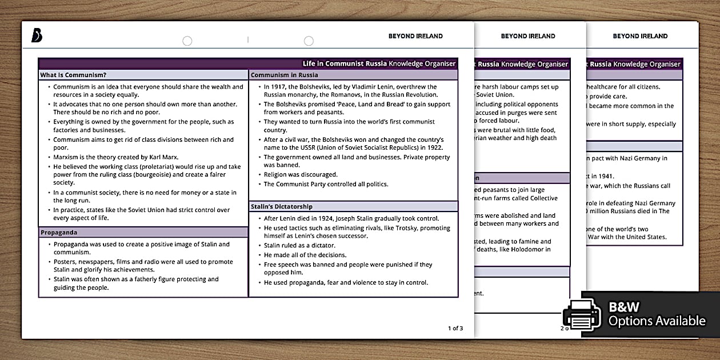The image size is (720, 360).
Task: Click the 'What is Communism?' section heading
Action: point(73,75)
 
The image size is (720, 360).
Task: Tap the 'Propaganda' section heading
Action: point(59,233)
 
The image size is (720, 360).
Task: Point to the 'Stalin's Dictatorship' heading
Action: point(282,206)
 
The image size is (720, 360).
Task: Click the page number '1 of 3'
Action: point(455,328)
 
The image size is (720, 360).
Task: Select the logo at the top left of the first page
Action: point(37,36)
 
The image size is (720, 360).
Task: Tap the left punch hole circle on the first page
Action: point(187,41)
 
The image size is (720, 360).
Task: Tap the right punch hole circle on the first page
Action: point(309,41)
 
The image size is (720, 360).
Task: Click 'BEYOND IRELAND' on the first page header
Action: point(415,36)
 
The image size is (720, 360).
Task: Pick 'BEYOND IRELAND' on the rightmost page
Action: point(640,36)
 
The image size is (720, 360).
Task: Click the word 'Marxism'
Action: point(67,157)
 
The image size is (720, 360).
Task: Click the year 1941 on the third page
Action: point(605,177)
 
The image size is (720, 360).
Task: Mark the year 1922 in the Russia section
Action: point(435,148)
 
